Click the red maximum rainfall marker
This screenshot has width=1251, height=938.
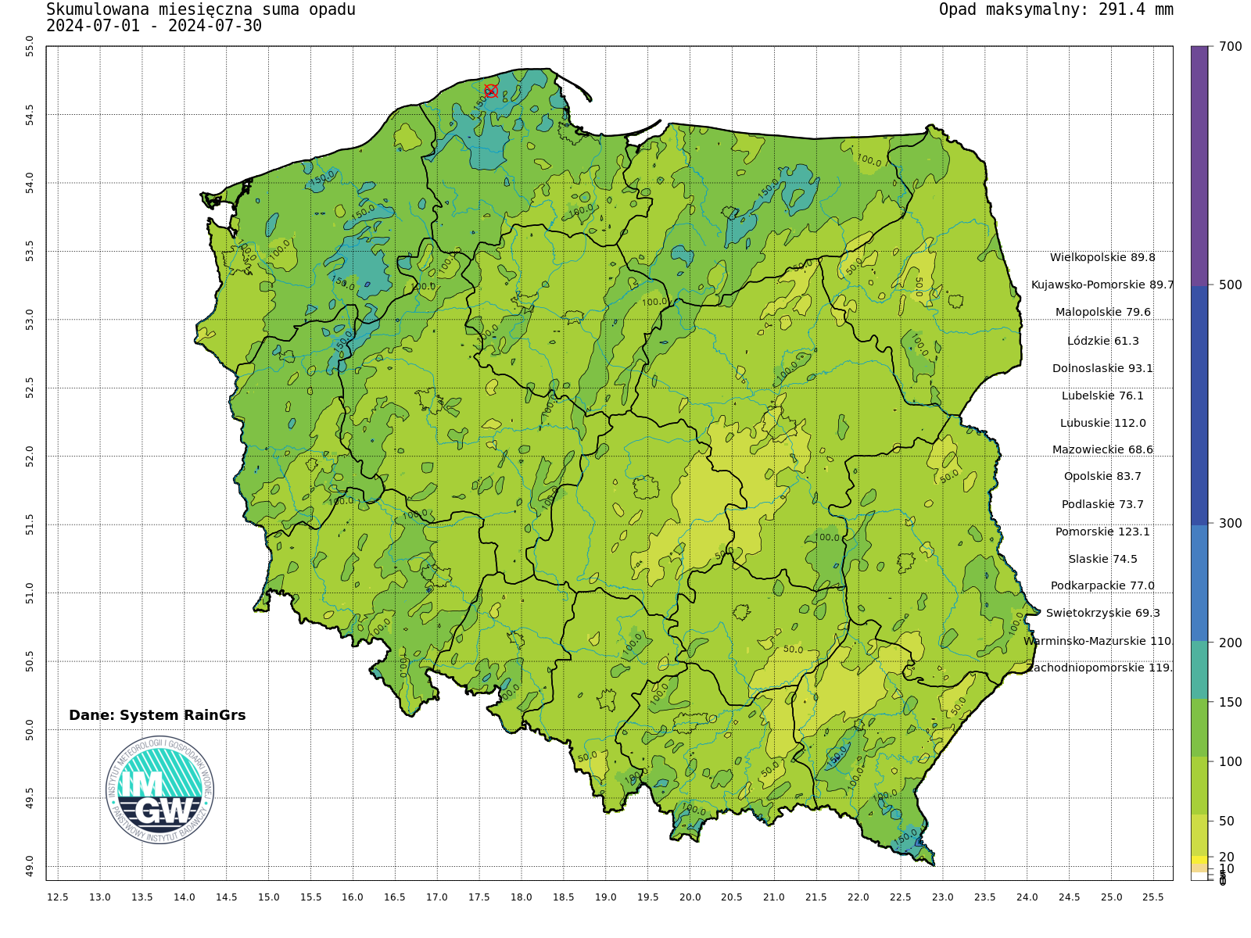pos(491,91)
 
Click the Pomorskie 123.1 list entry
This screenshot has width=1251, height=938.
pos(1102,532)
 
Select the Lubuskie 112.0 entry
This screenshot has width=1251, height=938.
pos(1102,423)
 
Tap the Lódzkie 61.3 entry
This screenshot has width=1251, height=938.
pos(1102,341)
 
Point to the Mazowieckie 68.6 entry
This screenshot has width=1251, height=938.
pos(1102,449)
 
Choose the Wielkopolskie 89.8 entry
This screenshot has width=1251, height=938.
pos(1102,257)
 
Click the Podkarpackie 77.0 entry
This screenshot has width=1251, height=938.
pos(1102,585)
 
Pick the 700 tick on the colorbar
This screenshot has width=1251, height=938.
pos(1230,47)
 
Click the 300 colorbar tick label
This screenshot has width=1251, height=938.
pos(1230,523)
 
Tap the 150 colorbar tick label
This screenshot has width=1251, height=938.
pos(1230,702)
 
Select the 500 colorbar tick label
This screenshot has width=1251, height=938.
pos(1230,285)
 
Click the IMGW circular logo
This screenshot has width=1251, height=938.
pos(160,789)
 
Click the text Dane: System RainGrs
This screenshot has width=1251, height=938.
pos(157,715)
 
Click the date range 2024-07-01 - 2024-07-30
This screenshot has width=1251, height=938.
pos(154,26)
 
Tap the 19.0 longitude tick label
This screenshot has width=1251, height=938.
pos(605,897)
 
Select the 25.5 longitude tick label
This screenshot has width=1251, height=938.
pos(1153,897)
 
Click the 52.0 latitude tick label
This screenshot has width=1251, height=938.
pos(30,456)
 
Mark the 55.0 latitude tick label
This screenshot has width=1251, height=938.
pos(30,46)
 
